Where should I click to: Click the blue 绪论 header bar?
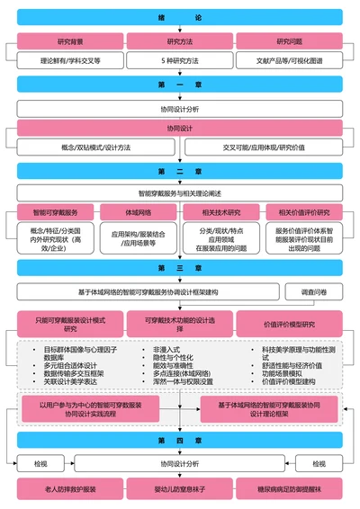[x=180, y=17]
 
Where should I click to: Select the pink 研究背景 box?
[x=70, y=41]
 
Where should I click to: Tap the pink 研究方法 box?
[x=180, y=41]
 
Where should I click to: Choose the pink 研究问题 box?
[x=289, y=41]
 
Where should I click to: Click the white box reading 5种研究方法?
[x=180, y=61]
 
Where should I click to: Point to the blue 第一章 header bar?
[x=180, y=84]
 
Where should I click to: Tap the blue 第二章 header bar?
[x=180, y=171]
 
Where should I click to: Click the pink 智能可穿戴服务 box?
[x=55, y=213]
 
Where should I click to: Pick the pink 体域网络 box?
[x=138, y=213]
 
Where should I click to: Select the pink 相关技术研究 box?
[x=221, y=213]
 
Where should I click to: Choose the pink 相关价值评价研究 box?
[x=304, y=213]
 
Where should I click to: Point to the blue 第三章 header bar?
[x=180, y=268]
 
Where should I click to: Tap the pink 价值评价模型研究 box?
[x=289, y=324]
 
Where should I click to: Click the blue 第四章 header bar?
[x=180, y=440]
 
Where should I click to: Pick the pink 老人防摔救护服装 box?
[x=70, y=490]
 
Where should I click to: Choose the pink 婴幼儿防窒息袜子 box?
[x=180, y=490]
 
